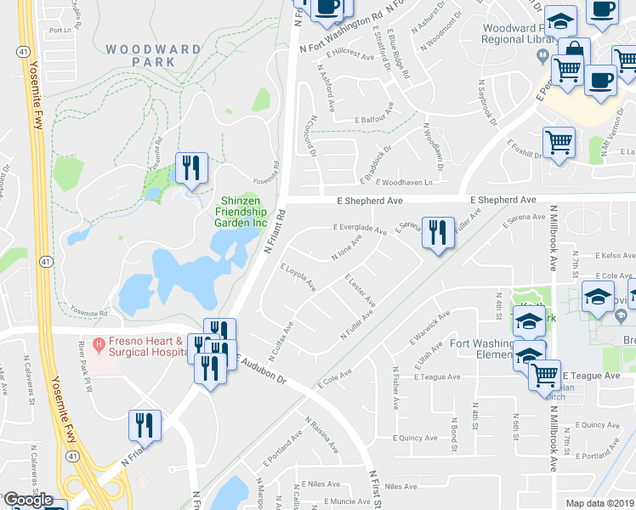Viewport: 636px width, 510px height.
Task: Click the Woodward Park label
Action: click(x=142, y=56)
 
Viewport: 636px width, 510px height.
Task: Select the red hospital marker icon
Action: click(x=99, y=346)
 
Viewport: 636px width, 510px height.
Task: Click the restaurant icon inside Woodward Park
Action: click(x=190, y=168)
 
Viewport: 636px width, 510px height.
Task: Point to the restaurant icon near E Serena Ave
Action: click(x=437, y=234)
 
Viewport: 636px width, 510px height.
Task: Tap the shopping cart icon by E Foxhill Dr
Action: click(x=558, y=143)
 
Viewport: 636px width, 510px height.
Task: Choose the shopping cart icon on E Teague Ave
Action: click(x=544, y=374)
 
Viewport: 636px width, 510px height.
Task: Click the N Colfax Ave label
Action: click(x=284, y=332)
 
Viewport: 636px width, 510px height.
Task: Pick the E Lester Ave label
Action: click(x=360, y=289)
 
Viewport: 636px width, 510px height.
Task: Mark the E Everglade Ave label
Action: click(x=359, y=228)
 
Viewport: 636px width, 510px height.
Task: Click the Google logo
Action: click(x=28, y=500)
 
